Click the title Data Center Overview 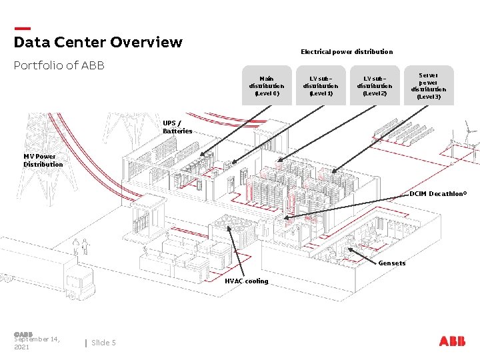click(98, 43)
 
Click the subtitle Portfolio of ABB click(59, 66)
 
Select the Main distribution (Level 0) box click(267, 85)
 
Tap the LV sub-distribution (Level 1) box click(321, 85)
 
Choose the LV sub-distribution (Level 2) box click(375, 85)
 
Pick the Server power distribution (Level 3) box click(429, 85)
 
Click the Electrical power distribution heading click(347, 51)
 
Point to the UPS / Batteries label click(177, 127)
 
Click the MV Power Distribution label click(43, 160)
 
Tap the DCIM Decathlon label click(438, 194)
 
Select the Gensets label click(392, 263)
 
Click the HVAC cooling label click(247, 281)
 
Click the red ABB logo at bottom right click(453, 341)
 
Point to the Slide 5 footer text click(103, 343)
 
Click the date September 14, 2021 click(37, 343)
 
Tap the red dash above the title click(22, 29)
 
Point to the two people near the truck click(81, 247)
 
